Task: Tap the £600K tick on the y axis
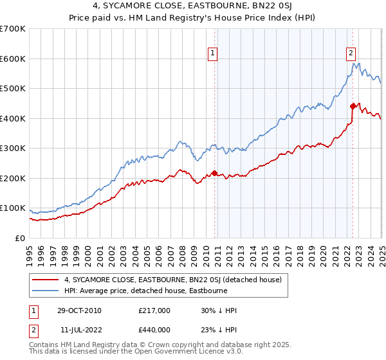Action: pyautogui.click(x=13, y=59)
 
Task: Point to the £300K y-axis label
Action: pyautogui.click(x=13, y=148)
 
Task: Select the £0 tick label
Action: pyautogui.click(x=20, y=238)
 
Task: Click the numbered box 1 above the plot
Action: pyautogui.click(x=213, y=54)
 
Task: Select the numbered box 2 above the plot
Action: pyautogui.click(x=351, y=54)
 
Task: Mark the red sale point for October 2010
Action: pyautogui.click(x=214, y=173)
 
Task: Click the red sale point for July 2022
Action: pyautogui.click(x=352, y=106)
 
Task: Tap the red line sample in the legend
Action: pyautogui.click(x=46, y=280)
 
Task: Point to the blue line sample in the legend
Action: pyautogui.click(x=46, y=291)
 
